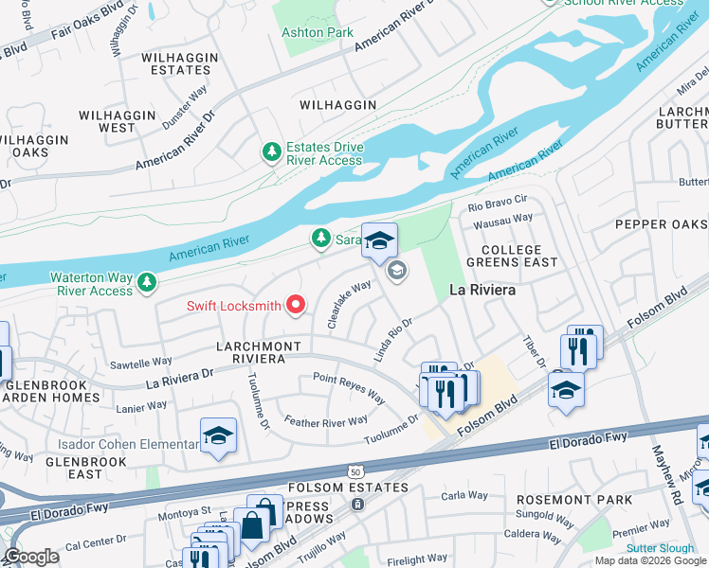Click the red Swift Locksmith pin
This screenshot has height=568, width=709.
click(297, 305)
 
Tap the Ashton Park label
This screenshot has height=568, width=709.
click(317, 32)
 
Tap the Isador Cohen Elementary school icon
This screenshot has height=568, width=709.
click(218, 436)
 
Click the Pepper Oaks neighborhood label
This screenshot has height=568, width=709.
click(661, 224)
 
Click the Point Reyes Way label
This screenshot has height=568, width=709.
click(349, 386)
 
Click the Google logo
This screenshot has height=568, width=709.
click(32, 557)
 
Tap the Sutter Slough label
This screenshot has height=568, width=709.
click(660, 548)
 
